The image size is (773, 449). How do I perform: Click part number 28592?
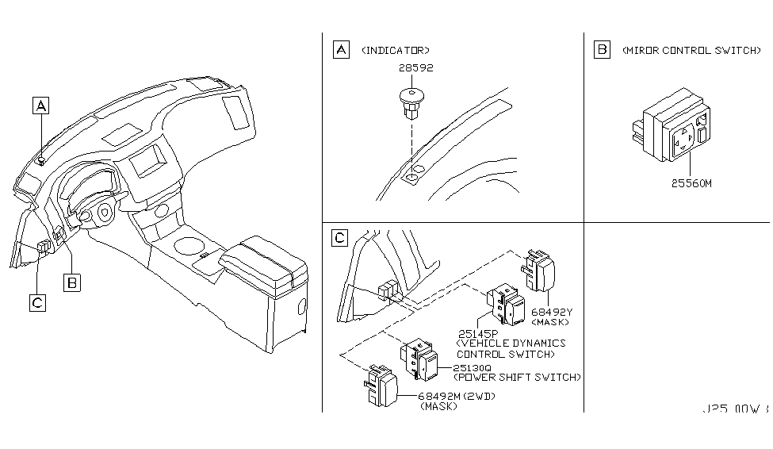(x=415, y=69)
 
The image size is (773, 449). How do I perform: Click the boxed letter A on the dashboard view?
(x=40, y=105)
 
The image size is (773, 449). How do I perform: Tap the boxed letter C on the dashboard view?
(x=37, y=301)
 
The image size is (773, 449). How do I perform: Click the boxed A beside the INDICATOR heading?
(x=340, y=50)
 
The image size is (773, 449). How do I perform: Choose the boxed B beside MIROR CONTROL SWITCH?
(x=602, y=50)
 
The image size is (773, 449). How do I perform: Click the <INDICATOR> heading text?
(x=395, y=51)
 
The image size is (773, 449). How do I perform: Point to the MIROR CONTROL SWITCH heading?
(x=691, y=51)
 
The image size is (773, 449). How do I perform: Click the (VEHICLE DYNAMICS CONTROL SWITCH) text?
(x=511, y=348)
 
